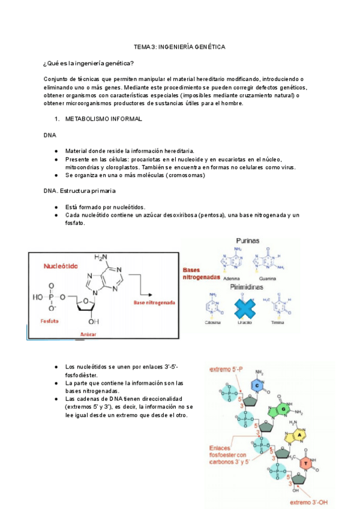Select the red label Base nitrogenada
[154, 303]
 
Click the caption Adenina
[231, 279]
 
